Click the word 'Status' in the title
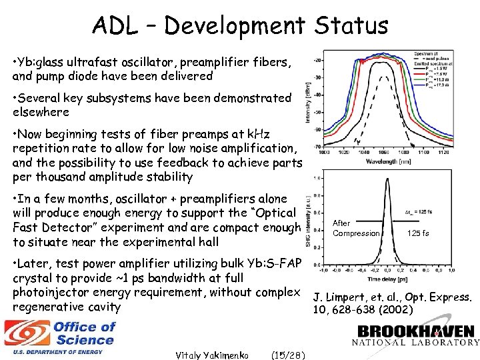click(x=351, y=26)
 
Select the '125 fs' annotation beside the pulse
click(x=418, y=233)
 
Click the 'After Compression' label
click(x=355, y=228)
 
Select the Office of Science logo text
click(x=84, y=333)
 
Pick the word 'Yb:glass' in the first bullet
click(x=43, y=62)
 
